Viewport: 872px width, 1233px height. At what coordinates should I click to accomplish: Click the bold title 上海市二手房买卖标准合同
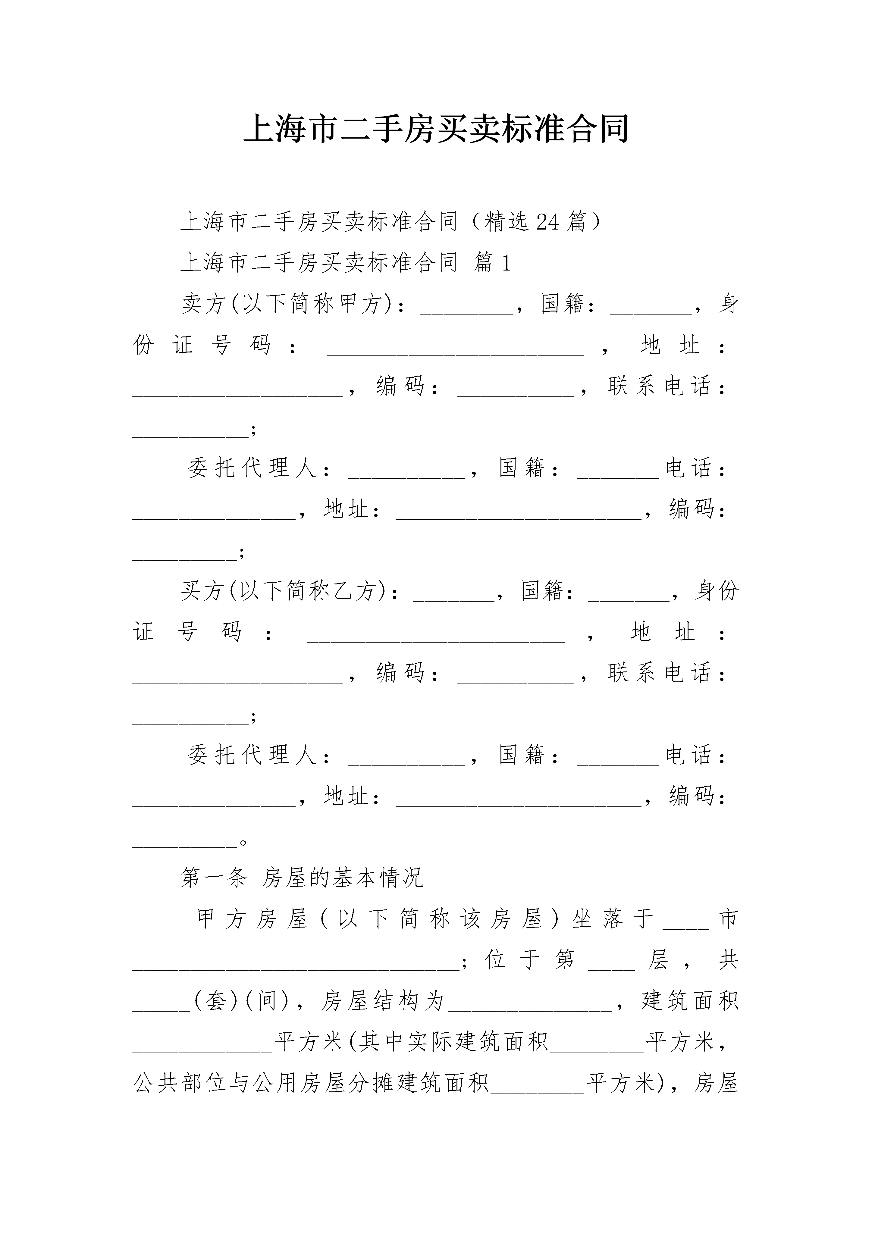(x=436, y=130)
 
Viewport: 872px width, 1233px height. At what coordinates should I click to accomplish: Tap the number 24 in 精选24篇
(x=548, y=221)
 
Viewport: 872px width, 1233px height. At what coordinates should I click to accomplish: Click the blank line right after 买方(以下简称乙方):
(x=453, y=600)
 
